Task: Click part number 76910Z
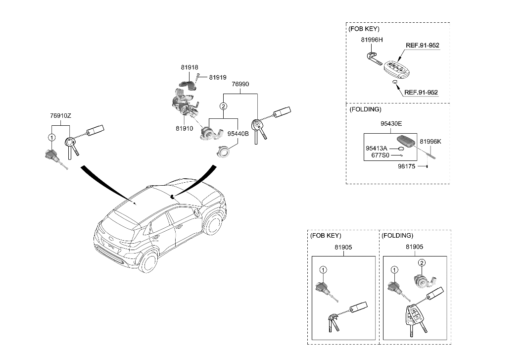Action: click(60, 115)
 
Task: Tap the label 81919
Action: click(217, 77)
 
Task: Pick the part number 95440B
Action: click(238, 133)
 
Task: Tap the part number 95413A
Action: click(376, 148)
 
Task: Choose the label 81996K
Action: click(430, 141)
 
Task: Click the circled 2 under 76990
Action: click(224, 106)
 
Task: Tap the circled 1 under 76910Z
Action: click(51, 137)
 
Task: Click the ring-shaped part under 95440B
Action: click(224, 151)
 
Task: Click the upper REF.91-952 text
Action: click(422, 45)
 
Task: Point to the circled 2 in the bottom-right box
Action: click(422, 262)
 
